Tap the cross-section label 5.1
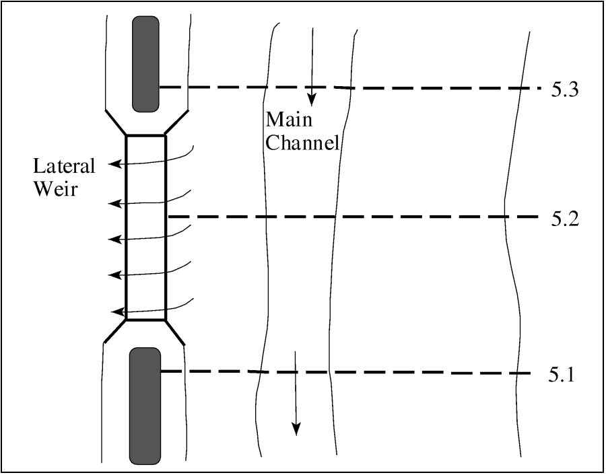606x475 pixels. [x=561, y=375]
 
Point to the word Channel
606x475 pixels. [x=302, y=143]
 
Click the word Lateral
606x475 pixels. [x=65, y=166]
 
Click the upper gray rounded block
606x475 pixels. [x=145, y=64]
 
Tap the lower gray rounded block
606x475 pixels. [x=145, y=405]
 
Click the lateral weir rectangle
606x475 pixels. [x=145, y=227]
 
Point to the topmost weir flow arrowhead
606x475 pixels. [x=114, y=163]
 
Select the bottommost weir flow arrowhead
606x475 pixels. [x=114, y=312]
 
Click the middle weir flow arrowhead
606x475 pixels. [x=114, y=239]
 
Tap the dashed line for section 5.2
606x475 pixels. [x=350, y=217]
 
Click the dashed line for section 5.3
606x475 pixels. [x=350, y=87]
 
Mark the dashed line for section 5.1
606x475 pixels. [x=350, y=372]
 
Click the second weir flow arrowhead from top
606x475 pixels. [x=114, y=203]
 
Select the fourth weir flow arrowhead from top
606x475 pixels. [x=114, y=275]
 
